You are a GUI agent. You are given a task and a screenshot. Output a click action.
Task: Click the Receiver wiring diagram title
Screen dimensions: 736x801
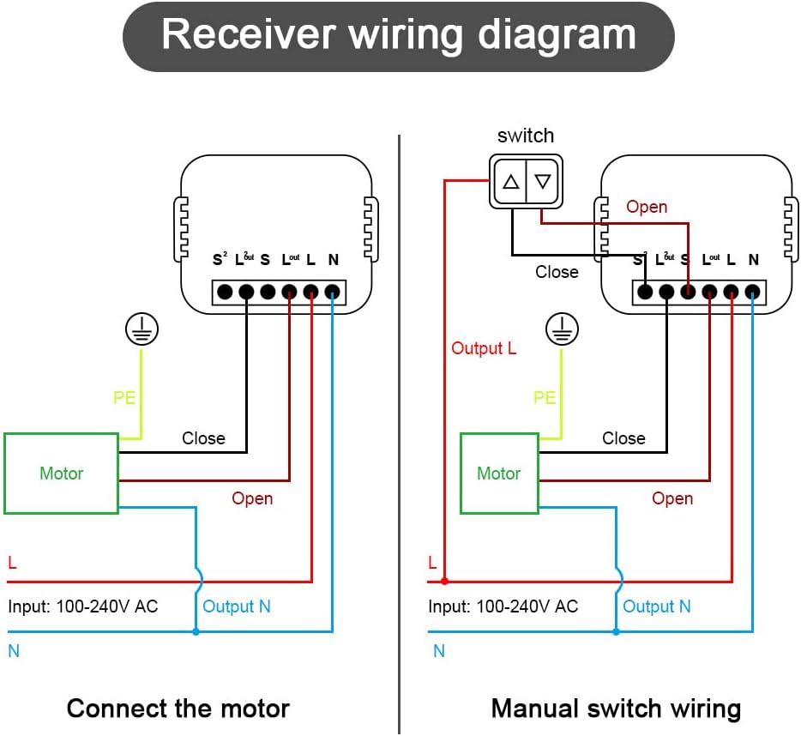click(x=399, y=35)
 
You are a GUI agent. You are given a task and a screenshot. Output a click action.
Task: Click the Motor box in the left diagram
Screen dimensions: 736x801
click(x=61, y=474)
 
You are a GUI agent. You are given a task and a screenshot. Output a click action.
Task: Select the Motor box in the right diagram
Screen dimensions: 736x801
click(x=499, y=474)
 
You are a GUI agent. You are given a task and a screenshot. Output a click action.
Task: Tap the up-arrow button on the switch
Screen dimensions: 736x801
click(x=511, y=182)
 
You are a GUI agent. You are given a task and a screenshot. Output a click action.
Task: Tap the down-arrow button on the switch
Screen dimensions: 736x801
click(x=543, y=182)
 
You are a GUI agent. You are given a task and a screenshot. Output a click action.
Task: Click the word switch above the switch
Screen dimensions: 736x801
click(x=526, y=136)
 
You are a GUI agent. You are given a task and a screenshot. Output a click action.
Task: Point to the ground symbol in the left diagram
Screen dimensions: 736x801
click(x=142, y=329)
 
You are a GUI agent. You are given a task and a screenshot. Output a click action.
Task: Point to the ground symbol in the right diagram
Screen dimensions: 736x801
click(x=561, y=329)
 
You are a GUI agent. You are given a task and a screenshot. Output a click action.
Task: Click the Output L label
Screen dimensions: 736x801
click(x=484, y=348)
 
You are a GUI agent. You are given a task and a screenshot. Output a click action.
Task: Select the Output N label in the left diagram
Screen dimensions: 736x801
click(x=236, y=606)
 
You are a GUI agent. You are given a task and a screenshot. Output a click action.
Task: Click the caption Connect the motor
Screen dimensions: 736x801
click(x=178, y=709)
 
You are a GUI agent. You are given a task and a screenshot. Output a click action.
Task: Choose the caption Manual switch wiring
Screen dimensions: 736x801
click(x=616, y=709)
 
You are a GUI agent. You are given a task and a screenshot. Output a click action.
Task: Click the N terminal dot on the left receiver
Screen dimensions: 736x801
click(x=332, y=292)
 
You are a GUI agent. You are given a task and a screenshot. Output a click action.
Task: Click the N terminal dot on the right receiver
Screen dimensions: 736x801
click(x=752, y=292)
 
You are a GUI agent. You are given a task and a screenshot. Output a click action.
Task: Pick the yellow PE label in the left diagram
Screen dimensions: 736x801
click(x=124, y=397)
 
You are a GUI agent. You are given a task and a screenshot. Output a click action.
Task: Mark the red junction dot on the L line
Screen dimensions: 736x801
click(x=444, y=582)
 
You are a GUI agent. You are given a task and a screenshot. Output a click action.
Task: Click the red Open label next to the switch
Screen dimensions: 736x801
click(x=647, y=207)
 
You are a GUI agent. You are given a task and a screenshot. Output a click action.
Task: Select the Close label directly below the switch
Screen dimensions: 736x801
click(x=557, y=272)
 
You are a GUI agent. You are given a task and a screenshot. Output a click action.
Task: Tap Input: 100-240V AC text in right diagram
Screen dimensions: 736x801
click(x=503, y=606)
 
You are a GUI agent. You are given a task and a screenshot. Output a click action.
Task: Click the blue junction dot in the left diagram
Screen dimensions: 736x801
click(x=196, y=632)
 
